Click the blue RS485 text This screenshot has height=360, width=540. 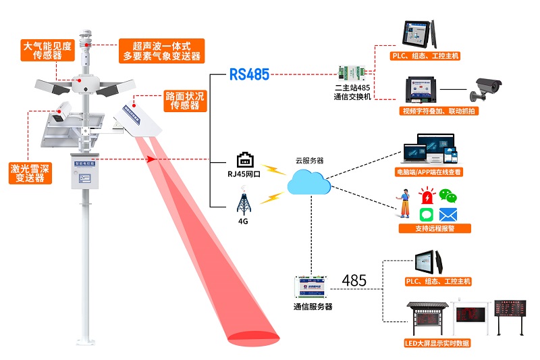(x=249, y=74)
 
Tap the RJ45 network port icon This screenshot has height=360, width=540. (x=244, y=160)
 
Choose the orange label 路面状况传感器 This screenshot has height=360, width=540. (x=184, y=101)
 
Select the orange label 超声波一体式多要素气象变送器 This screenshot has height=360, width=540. (x=161, y=51)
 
